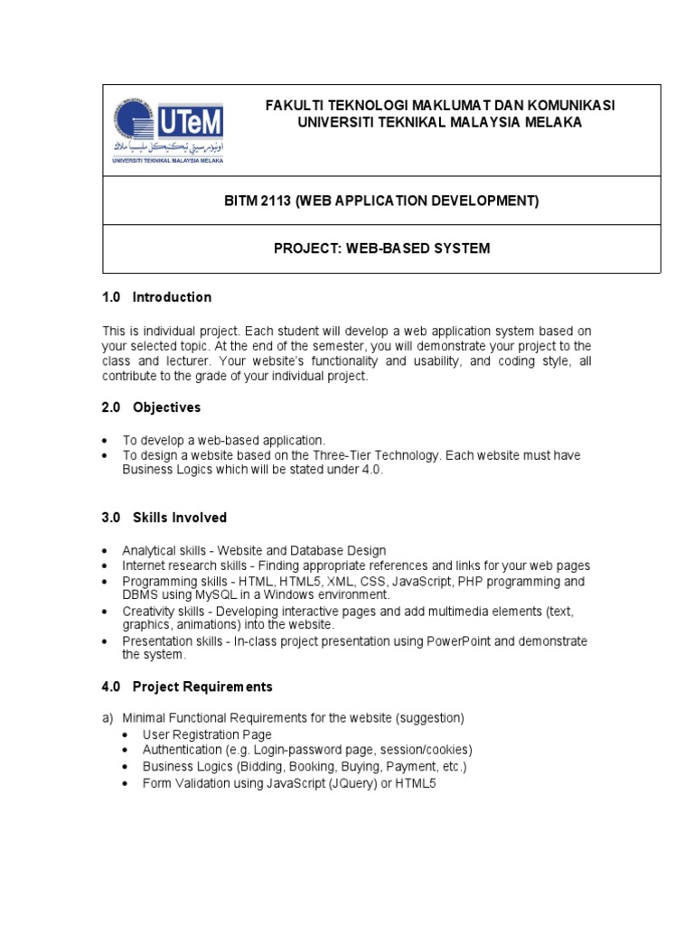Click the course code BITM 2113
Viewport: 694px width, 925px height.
[258, 201]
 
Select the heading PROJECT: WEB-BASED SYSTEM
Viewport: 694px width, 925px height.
[381, 248]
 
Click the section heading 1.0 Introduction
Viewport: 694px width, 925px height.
[157, 297]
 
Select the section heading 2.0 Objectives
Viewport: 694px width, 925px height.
[151, 407]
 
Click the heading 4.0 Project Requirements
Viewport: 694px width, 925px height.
[187, 687]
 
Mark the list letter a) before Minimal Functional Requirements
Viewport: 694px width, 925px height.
[108, 718]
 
